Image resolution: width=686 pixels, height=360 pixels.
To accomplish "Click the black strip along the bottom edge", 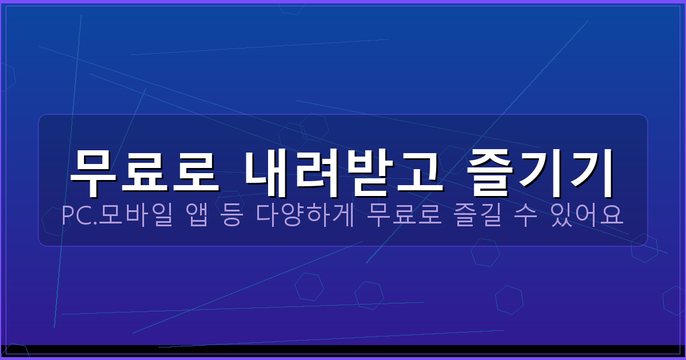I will click(343, 350).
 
